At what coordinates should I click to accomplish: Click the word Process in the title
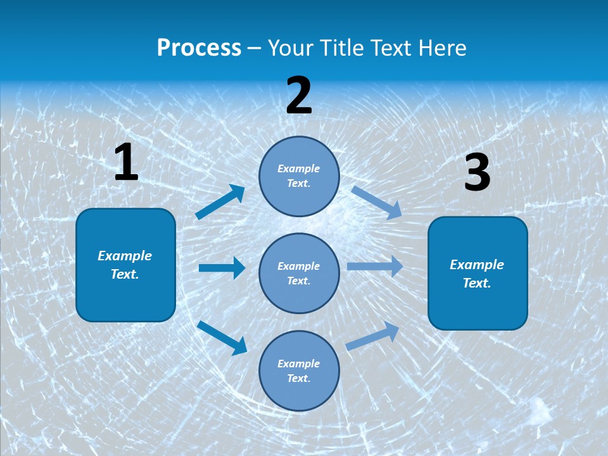[199, 48]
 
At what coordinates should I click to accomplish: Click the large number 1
[126, 163]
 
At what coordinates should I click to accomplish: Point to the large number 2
[299, 96]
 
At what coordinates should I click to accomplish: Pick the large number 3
[477, 173]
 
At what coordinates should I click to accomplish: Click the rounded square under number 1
[125, 265]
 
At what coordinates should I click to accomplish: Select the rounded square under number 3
[478, 273]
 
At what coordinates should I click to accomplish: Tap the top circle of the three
[299, 176]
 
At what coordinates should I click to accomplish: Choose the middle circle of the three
[299, 273]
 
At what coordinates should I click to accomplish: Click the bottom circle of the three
[299, 370]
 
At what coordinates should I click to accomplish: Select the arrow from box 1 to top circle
[220, 202]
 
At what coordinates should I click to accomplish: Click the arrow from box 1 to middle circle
[222, 268]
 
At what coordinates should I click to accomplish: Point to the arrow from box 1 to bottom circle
[222, 337]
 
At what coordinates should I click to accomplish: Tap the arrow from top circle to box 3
[376, 202]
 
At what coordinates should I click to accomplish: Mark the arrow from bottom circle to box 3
[373, 336]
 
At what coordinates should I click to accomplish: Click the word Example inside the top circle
[299, 168]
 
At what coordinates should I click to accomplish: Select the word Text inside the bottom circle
[298, 378]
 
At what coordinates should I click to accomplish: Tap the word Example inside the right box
[477, 265]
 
